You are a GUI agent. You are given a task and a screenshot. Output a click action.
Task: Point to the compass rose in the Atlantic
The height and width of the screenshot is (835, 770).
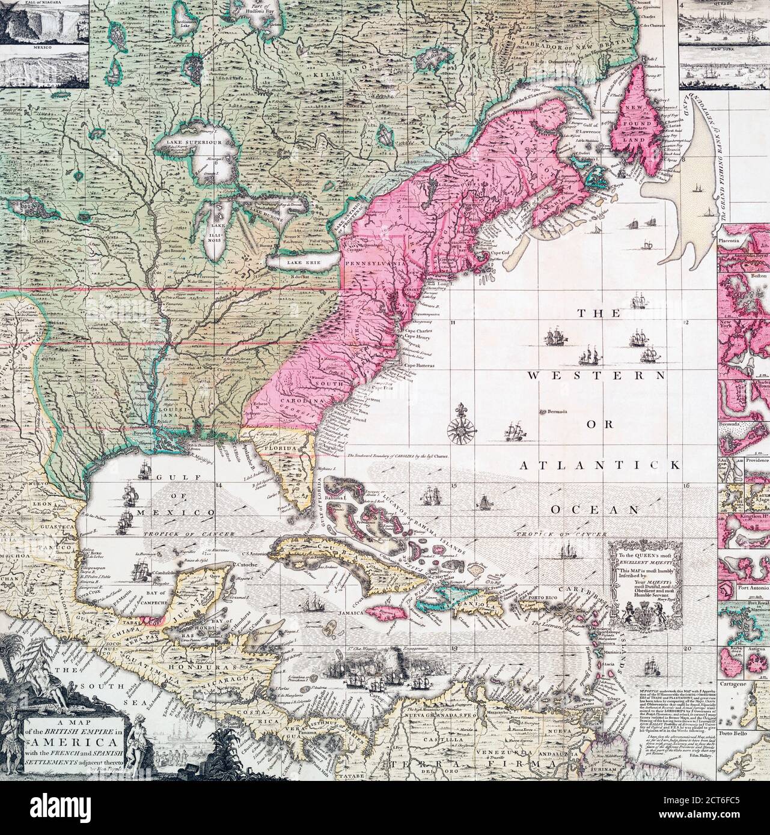(x=462, y=428)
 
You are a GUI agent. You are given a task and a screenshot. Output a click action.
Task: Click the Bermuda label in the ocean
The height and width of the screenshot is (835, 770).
(x=557, y=412)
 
